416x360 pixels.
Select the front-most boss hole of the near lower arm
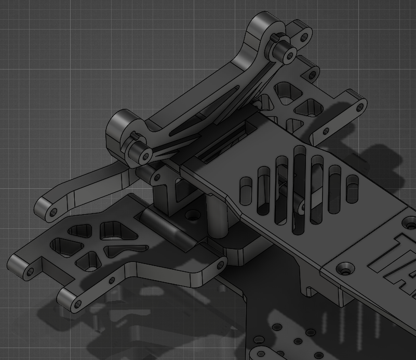coord(77,303)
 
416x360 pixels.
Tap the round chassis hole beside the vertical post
coord(193,214)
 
